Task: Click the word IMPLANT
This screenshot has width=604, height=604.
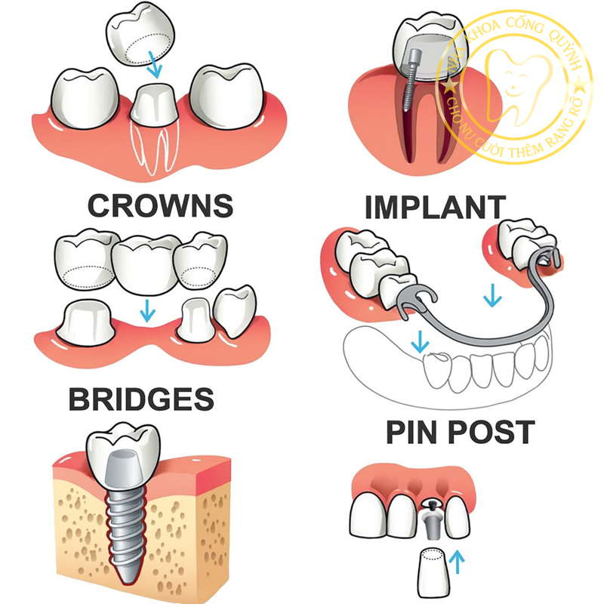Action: (x=433, y=206)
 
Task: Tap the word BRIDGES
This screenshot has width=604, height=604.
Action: (x=141, y=398)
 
